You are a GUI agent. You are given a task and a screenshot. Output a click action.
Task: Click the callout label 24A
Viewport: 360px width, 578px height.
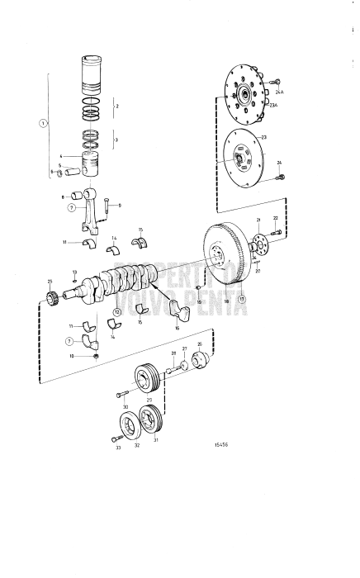click(278, 93)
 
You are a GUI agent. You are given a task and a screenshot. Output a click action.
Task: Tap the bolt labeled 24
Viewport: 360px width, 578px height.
click(282, 176)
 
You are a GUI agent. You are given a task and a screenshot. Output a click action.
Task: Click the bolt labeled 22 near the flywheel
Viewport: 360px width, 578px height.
click(274, 232)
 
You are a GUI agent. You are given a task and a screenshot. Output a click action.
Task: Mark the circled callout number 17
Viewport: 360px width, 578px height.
click(242, 301)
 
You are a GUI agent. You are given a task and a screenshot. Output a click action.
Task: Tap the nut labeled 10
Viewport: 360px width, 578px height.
click(97, 357)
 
